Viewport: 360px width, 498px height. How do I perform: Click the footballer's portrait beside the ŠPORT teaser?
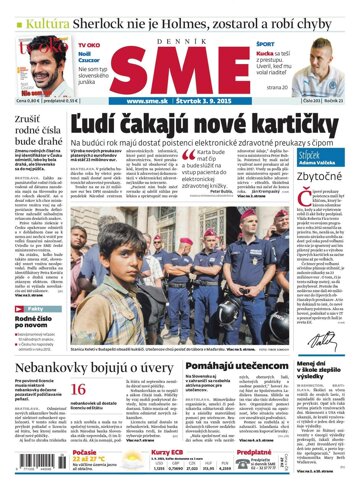coord(324,62)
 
